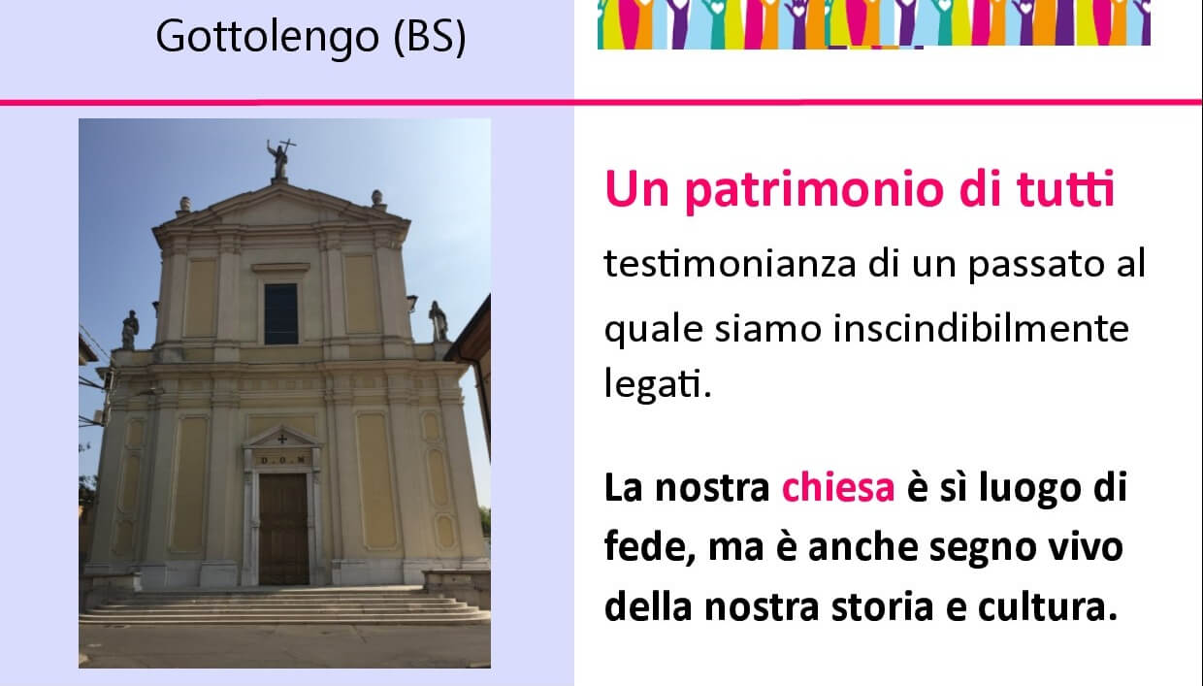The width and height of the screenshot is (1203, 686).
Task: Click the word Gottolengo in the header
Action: coord(268,38)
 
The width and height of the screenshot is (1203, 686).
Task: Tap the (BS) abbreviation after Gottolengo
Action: coord(430,38)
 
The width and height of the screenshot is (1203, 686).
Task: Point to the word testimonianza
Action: coord(730,264)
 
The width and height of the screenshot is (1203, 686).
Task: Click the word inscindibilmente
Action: coord(981,328)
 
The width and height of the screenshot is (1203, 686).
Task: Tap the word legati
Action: coord(658,383)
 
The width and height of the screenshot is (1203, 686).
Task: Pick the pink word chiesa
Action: coord(838,488)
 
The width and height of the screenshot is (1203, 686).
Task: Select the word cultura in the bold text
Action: coord(1048,606)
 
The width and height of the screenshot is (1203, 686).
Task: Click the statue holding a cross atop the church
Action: coord(279,158)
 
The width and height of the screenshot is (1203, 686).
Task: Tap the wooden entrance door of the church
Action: coord(283,529)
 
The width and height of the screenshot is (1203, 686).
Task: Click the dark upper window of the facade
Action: coord(281,313)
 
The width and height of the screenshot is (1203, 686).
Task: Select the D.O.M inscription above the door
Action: coord(282,460)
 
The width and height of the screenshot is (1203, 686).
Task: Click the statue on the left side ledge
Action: coord(129,330)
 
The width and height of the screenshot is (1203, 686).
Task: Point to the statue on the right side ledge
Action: coord(439,321)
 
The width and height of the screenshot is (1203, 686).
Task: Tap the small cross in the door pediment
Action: coord(282,440)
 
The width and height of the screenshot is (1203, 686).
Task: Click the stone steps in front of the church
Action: coord(284,607)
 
